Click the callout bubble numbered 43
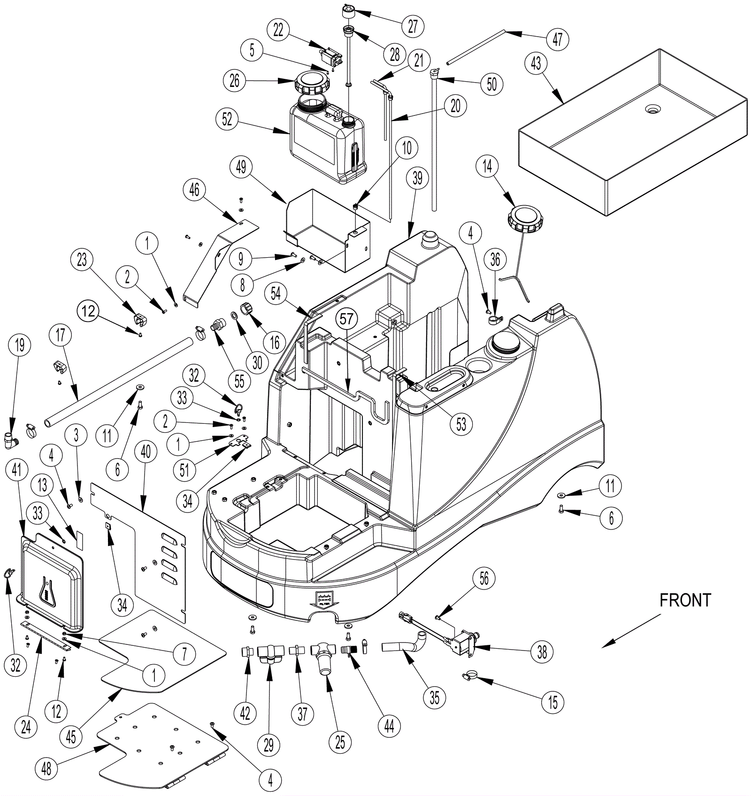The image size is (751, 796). click(x=536, y=63)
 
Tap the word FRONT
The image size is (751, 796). click(x=685, y=600)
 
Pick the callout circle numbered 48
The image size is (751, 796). click(x=47, y=769)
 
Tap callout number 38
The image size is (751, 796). click(x=542, y=652)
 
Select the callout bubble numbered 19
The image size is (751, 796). click(x=20, y=345)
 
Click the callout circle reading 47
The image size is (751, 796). click(x=557, y=39)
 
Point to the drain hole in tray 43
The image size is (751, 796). click(x=652, y=109)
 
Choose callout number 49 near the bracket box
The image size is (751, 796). click(x=241, y=167)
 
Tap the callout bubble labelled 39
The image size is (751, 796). click(x=417, y=178)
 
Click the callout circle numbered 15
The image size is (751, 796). click(x=553, y=703)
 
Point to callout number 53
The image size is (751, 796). click(x=461, y=424)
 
